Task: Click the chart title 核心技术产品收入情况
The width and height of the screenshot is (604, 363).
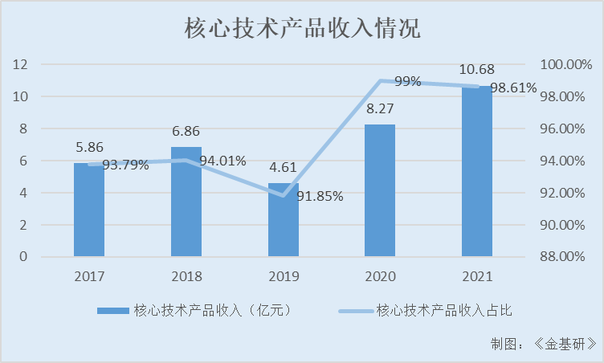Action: (302, 30)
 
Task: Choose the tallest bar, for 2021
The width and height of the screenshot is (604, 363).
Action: (477, 172)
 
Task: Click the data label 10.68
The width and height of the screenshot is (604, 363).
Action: (477, 71)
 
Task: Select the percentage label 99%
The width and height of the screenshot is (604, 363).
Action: (407, 81)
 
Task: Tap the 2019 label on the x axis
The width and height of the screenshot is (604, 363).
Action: (284, 276)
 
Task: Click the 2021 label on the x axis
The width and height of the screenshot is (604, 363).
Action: (477, 276)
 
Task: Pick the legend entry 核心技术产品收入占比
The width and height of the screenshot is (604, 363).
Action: (432, 311)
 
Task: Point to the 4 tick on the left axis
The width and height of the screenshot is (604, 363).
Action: (25, 193)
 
